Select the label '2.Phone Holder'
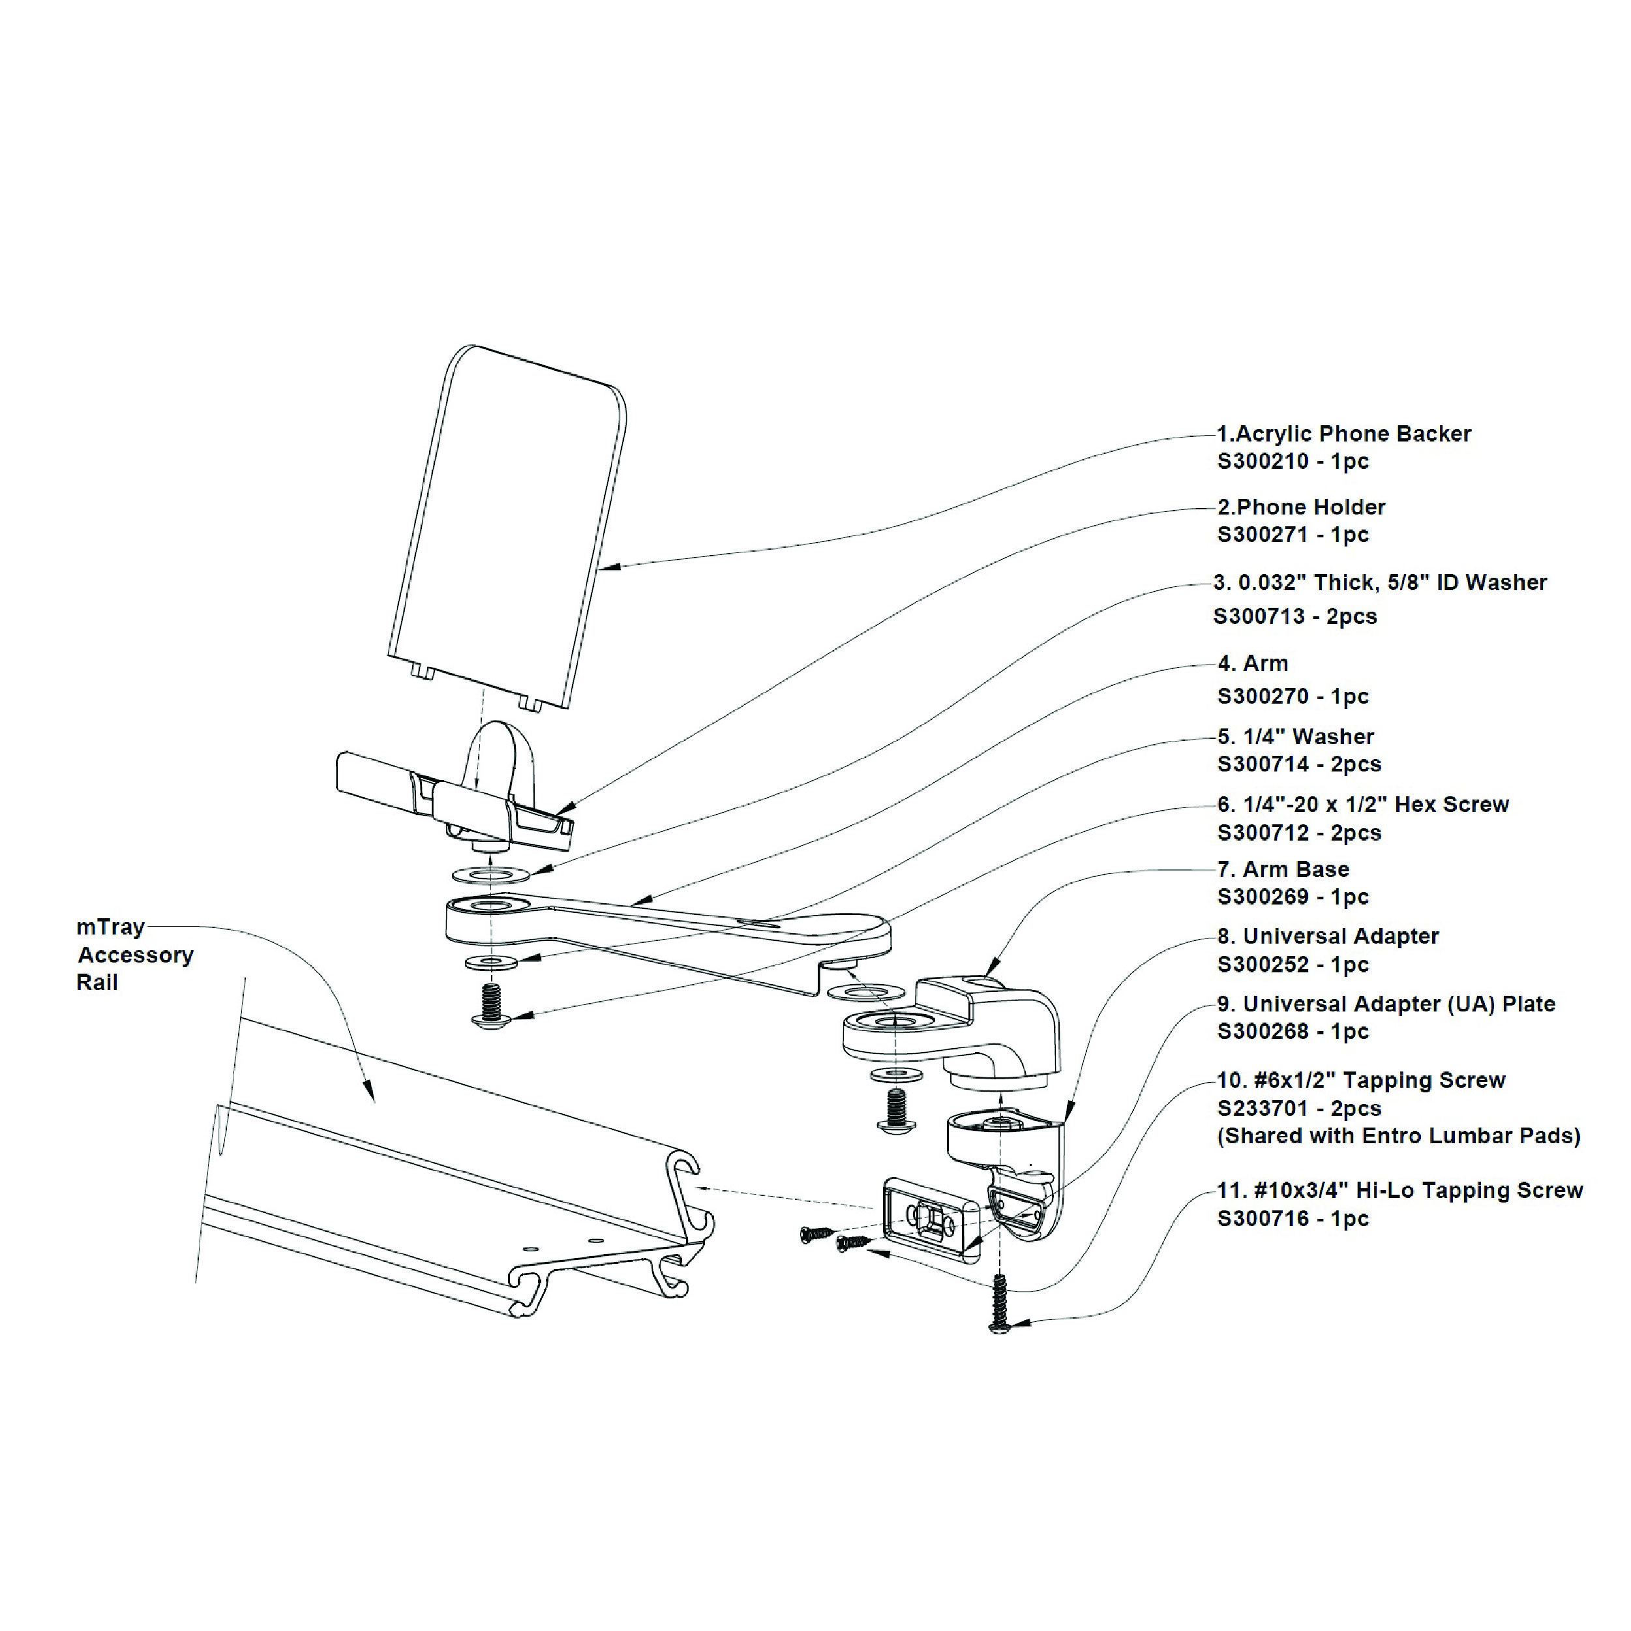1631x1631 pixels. (x=1301, y=507)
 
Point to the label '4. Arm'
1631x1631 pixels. (x=1253, y=663)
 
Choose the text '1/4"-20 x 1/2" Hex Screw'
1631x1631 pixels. (x=1375, y=805)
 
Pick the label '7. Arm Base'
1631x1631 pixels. (x=1283, y=869)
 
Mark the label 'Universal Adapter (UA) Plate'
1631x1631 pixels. (x=1399, y=1004)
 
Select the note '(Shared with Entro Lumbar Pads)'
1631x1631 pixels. (x=1398, y=1135)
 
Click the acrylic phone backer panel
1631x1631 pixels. (x=507, y=524)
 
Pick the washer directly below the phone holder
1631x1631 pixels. (x=491, y=872)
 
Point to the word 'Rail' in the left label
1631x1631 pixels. (x=97, y=983)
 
